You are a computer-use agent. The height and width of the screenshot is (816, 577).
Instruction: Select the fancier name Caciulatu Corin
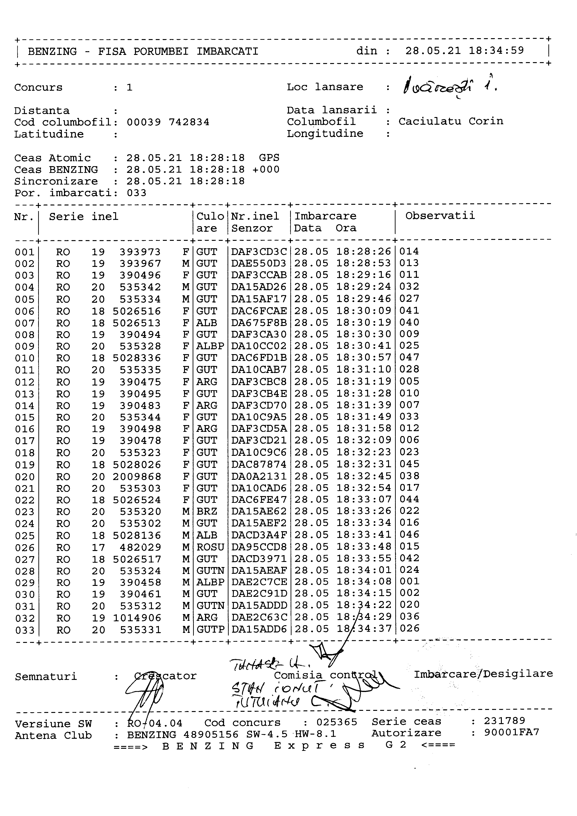pos(450,121)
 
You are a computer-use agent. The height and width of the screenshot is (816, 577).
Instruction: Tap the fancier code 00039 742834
pos(168,122)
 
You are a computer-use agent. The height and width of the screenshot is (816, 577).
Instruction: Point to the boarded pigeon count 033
pos(136,193)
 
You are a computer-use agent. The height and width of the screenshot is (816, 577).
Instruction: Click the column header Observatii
pos(440,216)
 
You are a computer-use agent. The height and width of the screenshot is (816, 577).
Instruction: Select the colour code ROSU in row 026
pos(210,547)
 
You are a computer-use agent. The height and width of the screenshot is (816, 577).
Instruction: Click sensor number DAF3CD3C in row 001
pos(259,252)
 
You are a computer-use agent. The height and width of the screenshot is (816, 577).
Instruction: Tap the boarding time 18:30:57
pos(364,358)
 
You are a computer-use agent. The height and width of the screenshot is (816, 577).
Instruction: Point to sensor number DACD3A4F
pos(259,535)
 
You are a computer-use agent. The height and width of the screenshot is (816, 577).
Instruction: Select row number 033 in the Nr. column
pos(25,630)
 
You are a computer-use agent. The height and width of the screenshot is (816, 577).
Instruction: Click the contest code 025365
pos(336,722)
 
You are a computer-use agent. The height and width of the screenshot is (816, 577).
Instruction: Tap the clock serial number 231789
pos(504,721)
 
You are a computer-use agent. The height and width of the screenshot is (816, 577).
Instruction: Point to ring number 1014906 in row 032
pos(137,618)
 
